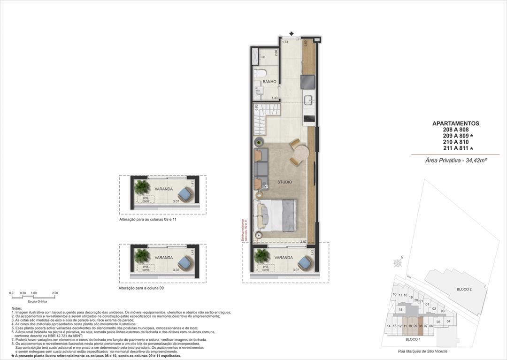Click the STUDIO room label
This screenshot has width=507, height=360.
(x=284, y=182)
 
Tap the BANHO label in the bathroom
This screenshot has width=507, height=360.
(x=269, y=82)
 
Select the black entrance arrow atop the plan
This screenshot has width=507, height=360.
(x=292, y=34)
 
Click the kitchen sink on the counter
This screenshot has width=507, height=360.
(x=309, y=100)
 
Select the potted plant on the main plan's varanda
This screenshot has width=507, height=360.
(x=262, y=255)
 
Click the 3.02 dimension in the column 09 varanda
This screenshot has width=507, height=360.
(x=176, y=270)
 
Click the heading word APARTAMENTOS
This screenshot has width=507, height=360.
(x=455, y=123)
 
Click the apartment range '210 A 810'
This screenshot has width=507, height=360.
(x=455, y=142)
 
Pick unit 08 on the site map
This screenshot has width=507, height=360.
(x=421, y=326)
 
